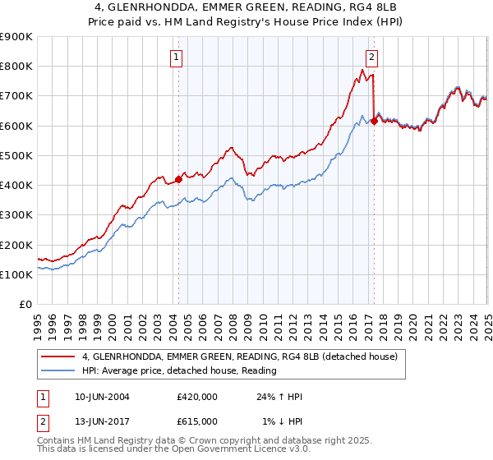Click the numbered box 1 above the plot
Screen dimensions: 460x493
click(x=177, y=57)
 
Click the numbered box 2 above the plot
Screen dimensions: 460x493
click(x=372, y=57)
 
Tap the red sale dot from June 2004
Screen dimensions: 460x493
click(x=178, y=179)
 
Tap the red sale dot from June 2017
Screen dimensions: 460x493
click(x=374, y=121)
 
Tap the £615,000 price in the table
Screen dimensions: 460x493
click(x=197, y=421)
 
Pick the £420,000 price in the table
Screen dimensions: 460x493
click(x=197, y=397)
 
